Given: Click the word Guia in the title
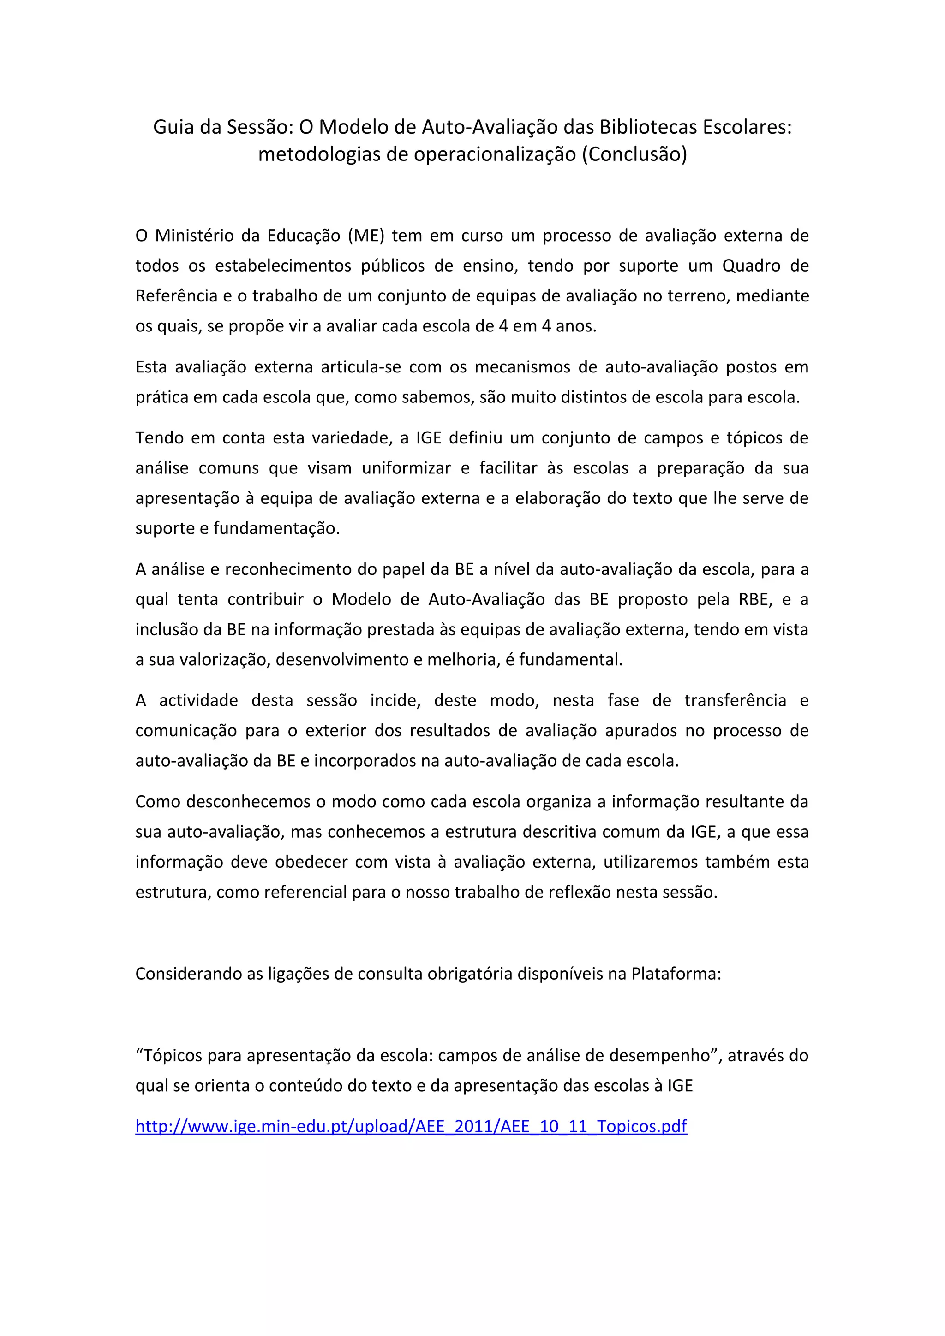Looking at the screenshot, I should [x=173, y=127].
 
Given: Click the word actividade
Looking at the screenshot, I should [x=198, y=701].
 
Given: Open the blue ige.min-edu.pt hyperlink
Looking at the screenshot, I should [x=411, y=1127].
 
